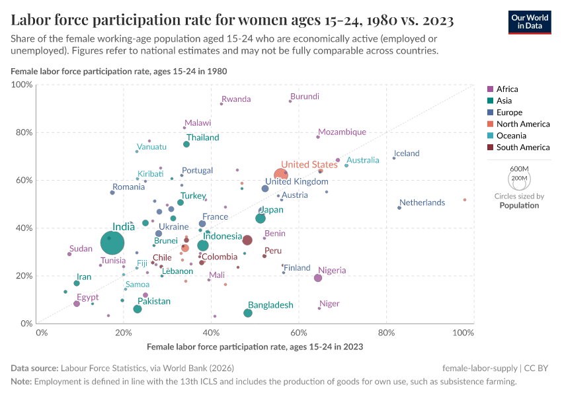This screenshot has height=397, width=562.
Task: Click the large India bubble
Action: pos(113,243)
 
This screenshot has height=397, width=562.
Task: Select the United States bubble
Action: pos(282,175)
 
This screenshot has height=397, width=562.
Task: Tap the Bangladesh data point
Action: pos(248,313)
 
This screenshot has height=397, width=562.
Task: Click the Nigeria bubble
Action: pos(318,278)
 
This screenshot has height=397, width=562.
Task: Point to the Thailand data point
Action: pos(186,144)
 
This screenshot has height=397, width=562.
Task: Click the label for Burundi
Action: pos(305,97)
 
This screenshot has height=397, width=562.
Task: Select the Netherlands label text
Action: pos(422,202)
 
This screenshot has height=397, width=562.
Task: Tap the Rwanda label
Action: pos(236,99)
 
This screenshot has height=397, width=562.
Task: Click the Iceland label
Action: pos(407,154)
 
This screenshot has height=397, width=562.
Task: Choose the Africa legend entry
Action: pos(507,89)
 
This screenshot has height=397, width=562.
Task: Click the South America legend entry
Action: pos(522,148)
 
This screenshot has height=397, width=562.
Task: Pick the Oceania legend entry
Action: pos(511,136)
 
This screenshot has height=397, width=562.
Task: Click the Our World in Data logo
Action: pos(530,22)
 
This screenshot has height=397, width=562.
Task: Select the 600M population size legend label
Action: pos(520,169)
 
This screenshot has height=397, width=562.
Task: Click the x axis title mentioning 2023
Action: pos(255,346)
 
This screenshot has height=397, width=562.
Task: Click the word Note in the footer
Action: pos(21,382)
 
